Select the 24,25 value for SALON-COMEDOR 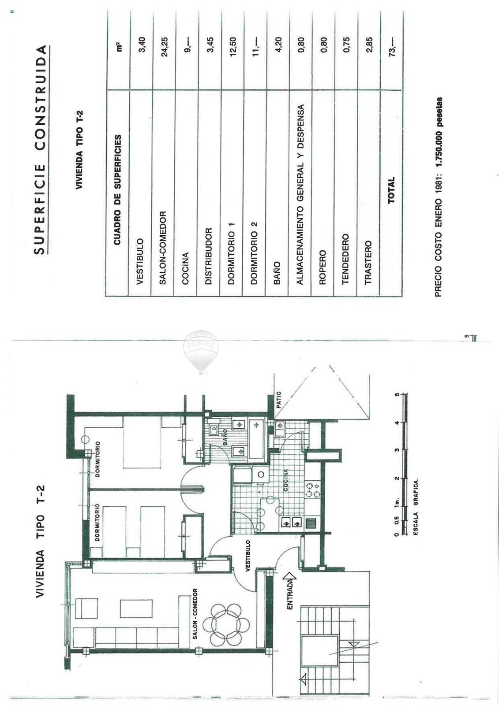click(x=164, y=47)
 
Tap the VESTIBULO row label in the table click(x=140, y=262)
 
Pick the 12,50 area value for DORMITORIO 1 click(x=233, y=47)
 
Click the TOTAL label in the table click(x=391, y=190)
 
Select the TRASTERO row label click(x=368, y=263)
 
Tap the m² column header click(x=119, y=47)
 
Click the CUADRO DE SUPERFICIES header click(x=117, y=190)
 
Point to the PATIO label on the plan click(x=278, y=400)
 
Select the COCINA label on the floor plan click(x=285, y=480)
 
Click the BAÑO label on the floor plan click(x=225, y=437)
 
